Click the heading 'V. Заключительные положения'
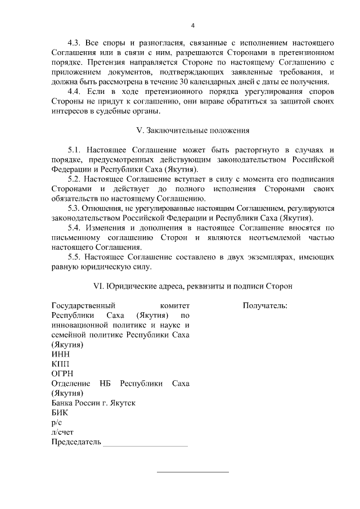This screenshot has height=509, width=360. point(193,130)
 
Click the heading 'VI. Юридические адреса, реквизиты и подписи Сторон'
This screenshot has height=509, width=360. point(193,286)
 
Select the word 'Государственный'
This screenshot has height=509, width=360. point(82,306)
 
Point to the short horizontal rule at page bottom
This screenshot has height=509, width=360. point(192,471)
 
